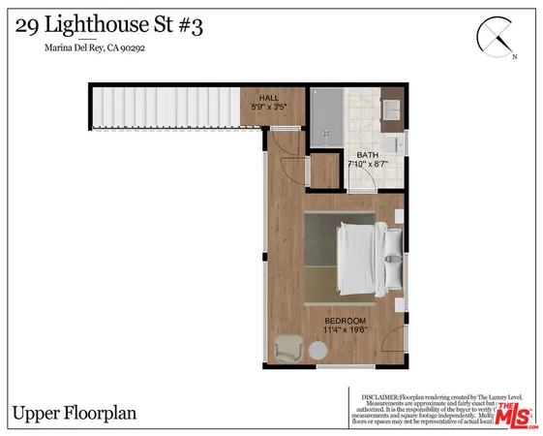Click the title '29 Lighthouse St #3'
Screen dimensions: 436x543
point(109,26)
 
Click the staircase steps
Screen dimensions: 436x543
point(165,107)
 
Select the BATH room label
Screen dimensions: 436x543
point(367,155)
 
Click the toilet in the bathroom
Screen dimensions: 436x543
point(393,143)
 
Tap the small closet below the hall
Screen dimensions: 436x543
point(321,171)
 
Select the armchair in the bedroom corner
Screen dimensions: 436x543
point(289,349)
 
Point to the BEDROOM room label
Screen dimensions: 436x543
point(345,321)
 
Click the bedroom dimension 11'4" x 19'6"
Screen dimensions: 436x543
point(345,331)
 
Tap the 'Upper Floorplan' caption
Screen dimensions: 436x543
point(74,413)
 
